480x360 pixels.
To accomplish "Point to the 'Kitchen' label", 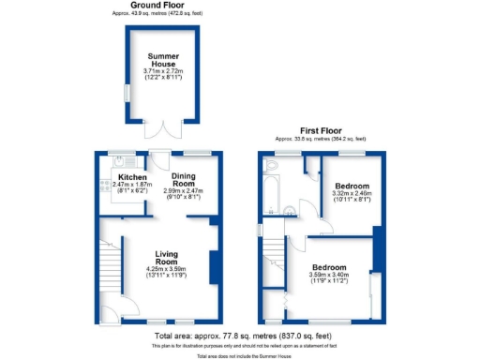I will coord(129,177).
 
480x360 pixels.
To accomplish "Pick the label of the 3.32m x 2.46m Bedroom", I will coord(352,187).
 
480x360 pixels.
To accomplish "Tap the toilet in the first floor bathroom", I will coord(273,166).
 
